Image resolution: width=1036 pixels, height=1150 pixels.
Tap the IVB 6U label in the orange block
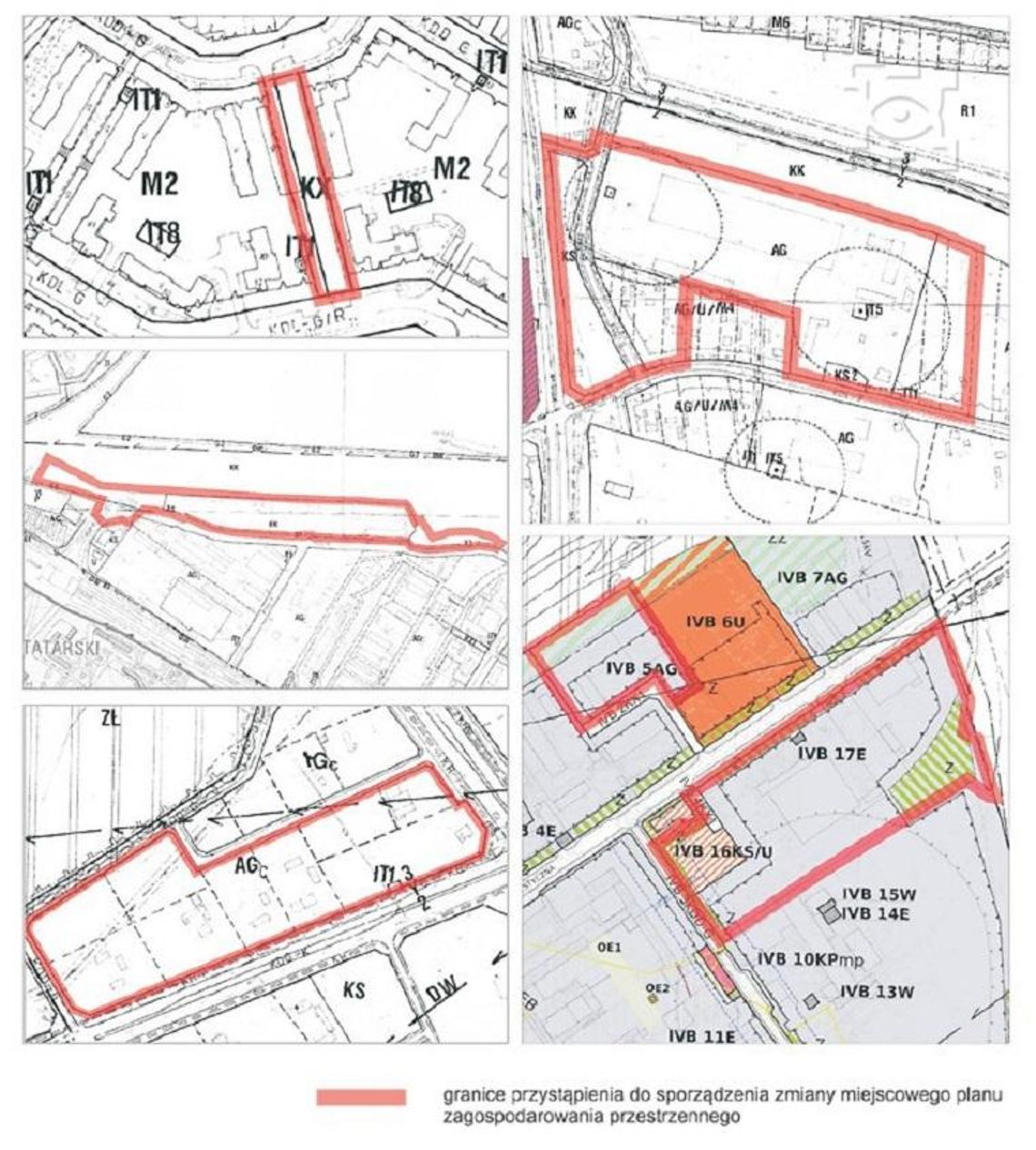pyautogui.click(x=714, y=622)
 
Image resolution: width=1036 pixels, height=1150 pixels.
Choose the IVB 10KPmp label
pyautogui.click(x=808, y=959)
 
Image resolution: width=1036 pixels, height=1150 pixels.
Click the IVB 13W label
pyautogui.click(x=876, y=992)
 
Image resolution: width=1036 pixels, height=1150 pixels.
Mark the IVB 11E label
pyautogui.click(x=702, y=1035)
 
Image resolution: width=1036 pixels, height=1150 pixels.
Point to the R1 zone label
pyautogui.click(x=967, y=112)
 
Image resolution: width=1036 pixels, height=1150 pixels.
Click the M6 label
pyautogui.click(x=779, y=23)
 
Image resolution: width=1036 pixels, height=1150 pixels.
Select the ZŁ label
pyautogui.click(x=113, y=719)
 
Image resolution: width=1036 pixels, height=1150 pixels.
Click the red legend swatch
pyautogui.click(x=361, y=1097)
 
